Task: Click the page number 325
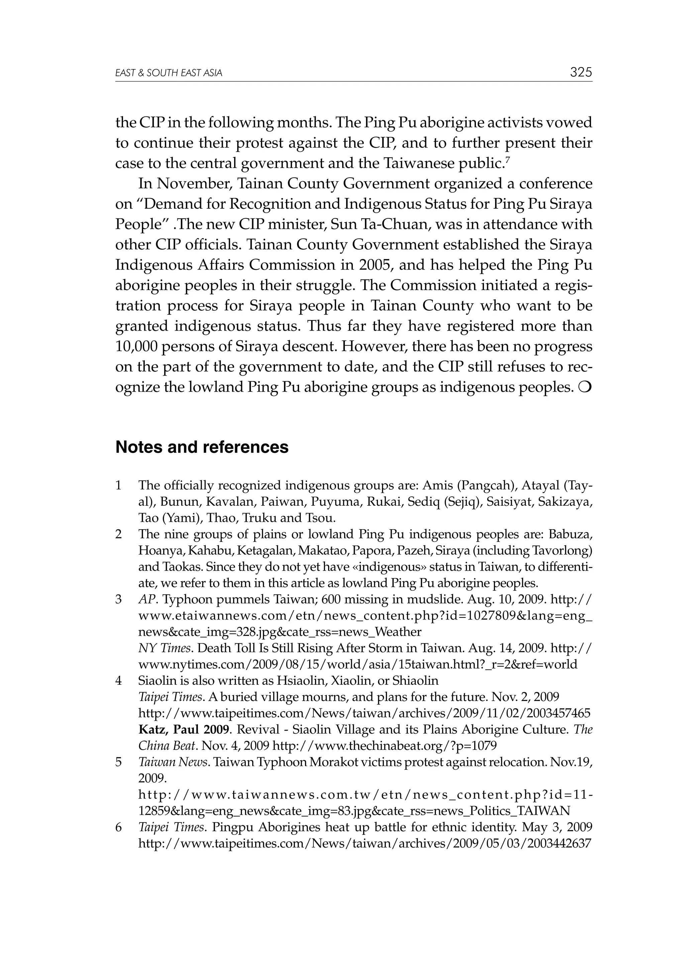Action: click(x=581, y=72)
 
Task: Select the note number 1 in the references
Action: click(x=119, y=485)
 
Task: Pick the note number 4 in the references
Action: click(x=119, y=680)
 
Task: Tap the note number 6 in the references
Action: click(x=119, y=827)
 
